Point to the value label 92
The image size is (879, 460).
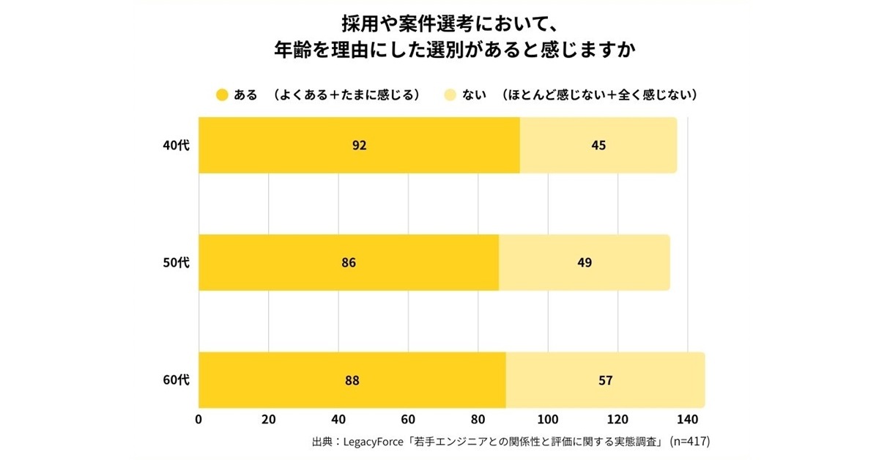tap(359, 145)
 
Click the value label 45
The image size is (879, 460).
tap(598, 145)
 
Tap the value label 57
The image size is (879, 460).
tap(605, 380)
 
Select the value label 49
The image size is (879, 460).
tap(584, 262)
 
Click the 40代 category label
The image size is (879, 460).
tap(176, 145)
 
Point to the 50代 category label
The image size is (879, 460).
tap(176, 262)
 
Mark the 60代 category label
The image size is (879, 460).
tap(176, 380)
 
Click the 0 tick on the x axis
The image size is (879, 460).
tap(199, 420)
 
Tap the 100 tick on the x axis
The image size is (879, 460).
tap(548, 420)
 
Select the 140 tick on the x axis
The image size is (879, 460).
tap(687, 420)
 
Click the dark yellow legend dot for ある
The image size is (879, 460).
tap(222, 95)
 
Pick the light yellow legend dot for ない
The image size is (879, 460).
tap(450, 95)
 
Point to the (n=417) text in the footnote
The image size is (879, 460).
tap(690, 442)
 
